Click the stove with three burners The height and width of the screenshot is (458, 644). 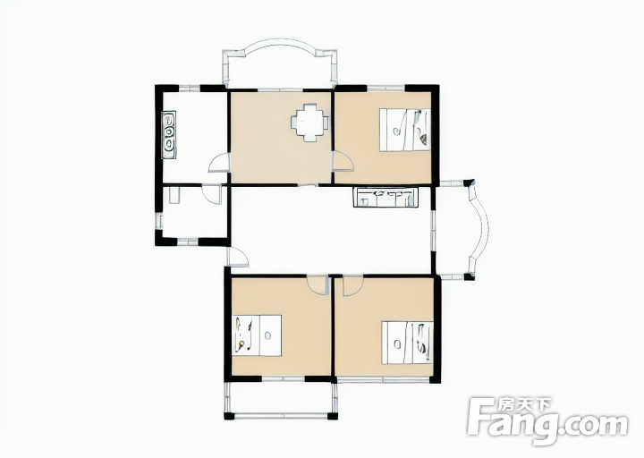tap(169, 134)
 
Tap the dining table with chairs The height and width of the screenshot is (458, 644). tap(310, 123)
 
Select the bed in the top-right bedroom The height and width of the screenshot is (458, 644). tap(405, 130)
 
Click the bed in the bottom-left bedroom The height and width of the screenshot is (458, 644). tap(257, 335)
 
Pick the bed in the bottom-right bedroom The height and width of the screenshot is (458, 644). tap(408, 343)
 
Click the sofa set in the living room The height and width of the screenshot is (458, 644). tap(386, 197)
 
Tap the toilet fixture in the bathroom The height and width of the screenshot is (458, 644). tap(174, 195)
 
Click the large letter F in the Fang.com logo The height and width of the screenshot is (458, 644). tap(480, 416)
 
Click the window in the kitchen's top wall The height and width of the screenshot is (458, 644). tap(190, 88)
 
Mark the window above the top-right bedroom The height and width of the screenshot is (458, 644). tap(386, 88)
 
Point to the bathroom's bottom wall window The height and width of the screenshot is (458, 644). tap(188, 242)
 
